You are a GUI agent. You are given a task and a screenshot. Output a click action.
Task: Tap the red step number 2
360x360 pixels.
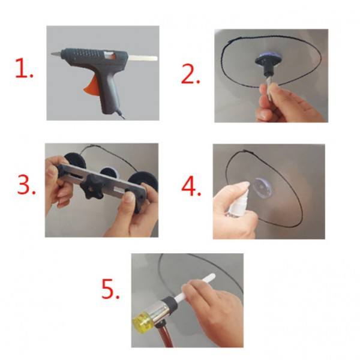click(190, 74)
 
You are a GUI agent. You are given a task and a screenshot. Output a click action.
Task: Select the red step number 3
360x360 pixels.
click(26, 184)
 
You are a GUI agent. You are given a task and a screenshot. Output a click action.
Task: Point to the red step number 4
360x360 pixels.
click(191, 186)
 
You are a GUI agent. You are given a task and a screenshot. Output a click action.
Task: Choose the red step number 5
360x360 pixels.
click(110, 289)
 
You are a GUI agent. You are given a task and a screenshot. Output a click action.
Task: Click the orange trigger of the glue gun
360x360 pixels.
click(91, 86)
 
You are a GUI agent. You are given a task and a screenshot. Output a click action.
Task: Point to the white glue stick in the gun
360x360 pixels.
click(142, 58)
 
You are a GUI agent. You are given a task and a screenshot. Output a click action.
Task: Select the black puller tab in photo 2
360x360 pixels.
click(266, 63)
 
